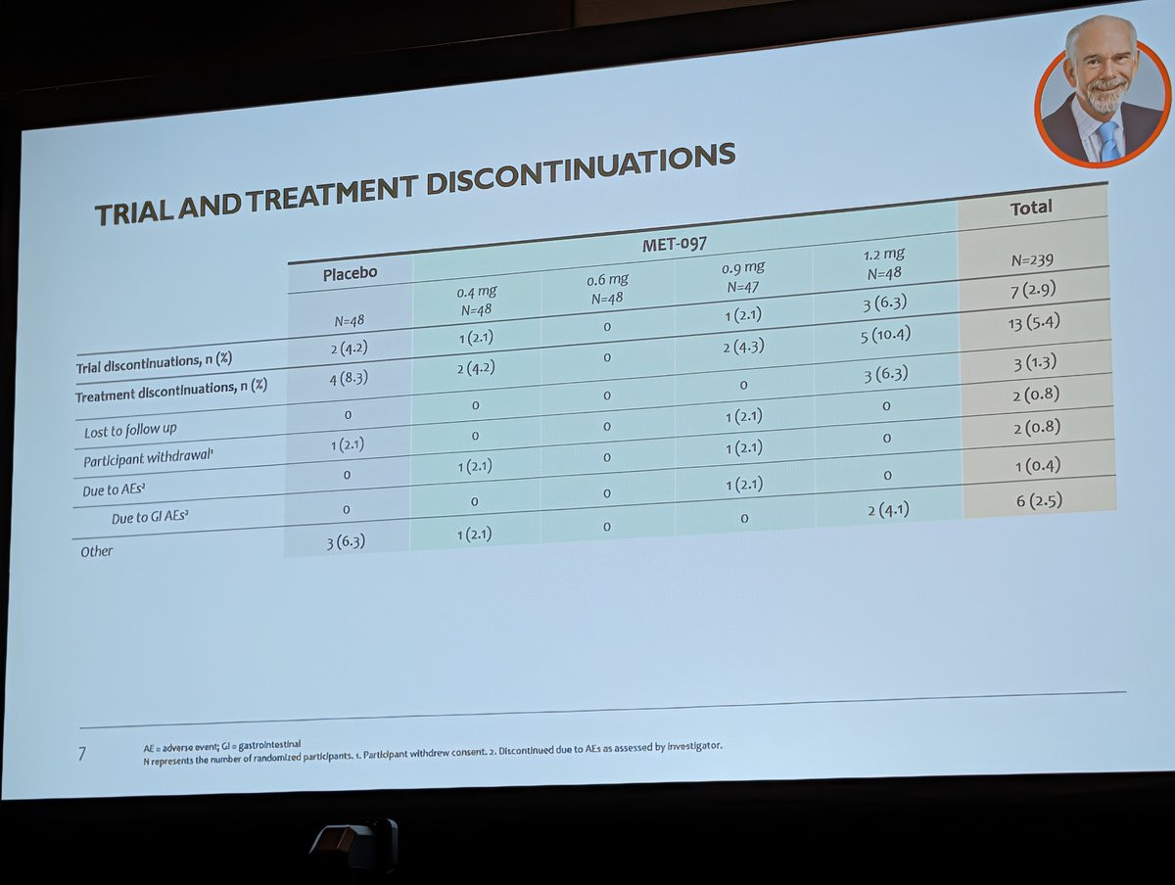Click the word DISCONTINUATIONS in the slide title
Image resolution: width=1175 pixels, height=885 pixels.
click(x=581, y=170)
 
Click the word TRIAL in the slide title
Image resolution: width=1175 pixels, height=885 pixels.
click(x=134, y=212)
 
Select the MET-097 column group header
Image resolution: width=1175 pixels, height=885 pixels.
click(x=675, y=245)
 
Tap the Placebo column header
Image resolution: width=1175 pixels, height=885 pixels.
click(x=351, y=274)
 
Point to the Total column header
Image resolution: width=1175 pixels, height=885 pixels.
click(x=1031, y=208)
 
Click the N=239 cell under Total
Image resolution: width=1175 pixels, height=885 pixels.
click(x=1033, y=260)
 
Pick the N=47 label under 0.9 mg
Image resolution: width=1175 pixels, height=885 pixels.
click(x=743, y=287)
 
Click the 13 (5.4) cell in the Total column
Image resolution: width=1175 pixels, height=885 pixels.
click(x=1034, y=323)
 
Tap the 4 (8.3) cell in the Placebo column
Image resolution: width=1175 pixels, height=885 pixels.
click(x=349, y=379)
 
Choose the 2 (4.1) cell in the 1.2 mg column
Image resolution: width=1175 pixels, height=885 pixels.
click(x=889, y=509)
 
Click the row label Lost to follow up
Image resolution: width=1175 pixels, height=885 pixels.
click(x=130, y=430)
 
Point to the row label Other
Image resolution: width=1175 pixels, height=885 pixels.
click(x=96, y=551)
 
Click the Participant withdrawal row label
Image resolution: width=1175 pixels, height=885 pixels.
click(x=148, y=458)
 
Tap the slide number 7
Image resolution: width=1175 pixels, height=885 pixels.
click(x=82, y=754)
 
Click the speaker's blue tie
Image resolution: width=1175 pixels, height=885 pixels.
click(x=1108, y=140)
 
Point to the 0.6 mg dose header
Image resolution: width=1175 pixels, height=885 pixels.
click(x=607, y=280)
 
